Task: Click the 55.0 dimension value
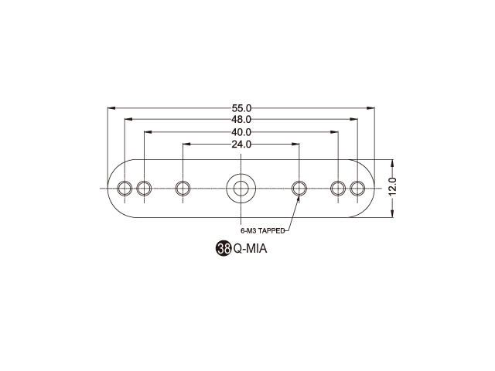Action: click(x=241, y=108)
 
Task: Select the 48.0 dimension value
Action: click(x=241, y=120)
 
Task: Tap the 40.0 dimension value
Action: click(x=241, y=132)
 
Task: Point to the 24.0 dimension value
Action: click(x=241, y=145)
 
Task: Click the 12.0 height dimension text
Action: click(x=393, y=187)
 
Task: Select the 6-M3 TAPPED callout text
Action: click(x=263, y=231)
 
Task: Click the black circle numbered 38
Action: click(x=224, y=249)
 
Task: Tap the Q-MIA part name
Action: click(x=250, y=249)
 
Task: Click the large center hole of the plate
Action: click(x=241, y=189)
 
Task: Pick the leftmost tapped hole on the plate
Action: click(x=125, y=189)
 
